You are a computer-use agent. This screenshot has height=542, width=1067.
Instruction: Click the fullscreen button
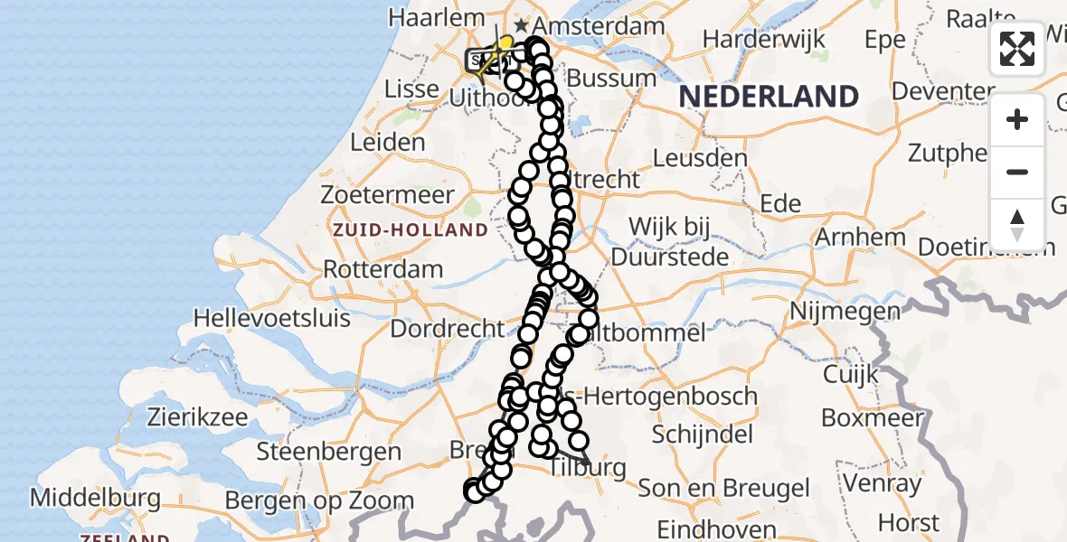click(x=1017, y=49)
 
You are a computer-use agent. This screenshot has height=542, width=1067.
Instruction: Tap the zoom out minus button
click(x=1017, y=172)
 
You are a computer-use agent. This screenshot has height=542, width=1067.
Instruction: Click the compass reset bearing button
click(x=1017, y=224)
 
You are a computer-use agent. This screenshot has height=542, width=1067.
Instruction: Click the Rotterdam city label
click(x=382, y=269)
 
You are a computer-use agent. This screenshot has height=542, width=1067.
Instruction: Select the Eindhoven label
click(x=716, y=529)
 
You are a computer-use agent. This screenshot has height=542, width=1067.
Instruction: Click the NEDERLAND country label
click(x=768, y=97)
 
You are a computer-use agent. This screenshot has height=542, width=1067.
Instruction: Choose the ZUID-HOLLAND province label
click(x=410, y=230)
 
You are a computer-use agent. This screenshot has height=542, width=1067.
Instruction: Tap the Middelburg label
click(x=95, y=498)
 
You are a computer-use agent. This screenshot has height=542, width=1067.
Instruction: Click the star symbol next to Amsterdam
click(x=522, y=25)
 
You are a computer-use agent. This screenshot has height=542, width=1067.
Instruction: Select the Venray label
click(x=883, y=484)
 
